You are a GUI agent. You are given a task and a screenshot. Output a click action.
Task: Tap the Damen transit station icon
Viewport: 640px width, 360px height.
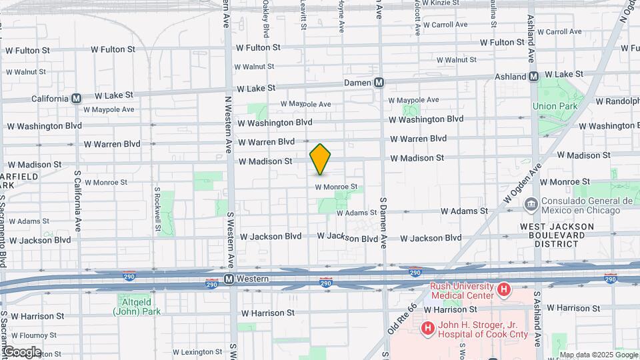pyautogui.click(x=379, y=83)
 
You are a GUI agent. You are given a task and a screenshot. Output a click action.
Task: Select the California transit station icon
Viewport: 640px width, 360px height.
pyautogui.click(x=76, y=98)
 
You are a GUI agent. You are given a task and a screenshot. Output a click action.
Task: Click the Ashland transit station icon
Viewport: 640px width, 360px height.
pyautogui.click(x=533, y=77)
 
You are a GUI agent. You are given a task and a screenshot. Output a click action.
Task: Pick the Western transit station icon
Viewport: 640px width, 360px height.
pyautogui.click(x=229, y=279)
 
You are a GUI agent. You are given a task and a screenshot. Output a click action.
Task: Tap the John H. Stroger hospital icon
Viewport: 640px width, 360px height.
pyautogui.click(x=427, y=328)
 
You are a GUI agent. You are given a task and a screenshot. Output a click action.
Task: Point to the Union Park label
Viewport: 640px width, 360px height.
pyautogui.click(x=553, y=106)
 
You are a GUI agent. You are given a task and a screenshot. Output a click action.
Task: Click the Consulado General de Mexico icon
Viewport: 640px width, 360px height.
pyautogui.click(x=531, y=203)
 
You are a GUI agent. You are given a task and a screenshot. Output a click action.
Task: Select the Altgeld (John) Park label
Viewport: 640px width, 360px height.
pyautogui.click(x=129, y=305)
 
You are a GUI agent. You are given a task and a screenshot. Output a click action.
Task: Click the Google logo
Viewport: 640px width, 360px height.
pyautogui.click(x=21, y=352)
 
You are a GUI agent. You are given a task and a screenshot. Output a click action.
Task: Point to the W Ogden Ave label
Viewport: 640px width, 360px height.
pyautogui.click(x=518, y=186)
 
